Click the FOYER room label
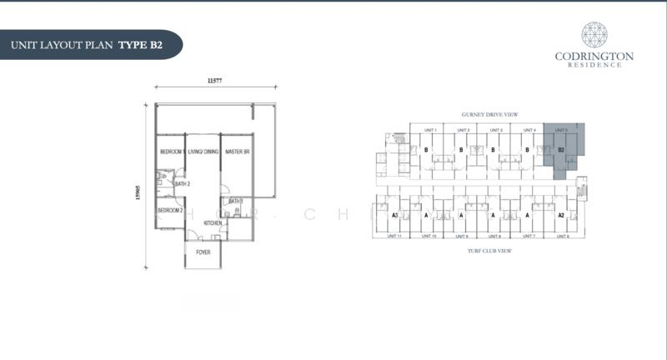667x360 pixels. tap(203, 252)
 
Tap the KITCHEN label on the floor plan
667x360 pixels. tap(213, 222)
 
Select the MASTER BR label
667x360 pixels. tap(238, 152)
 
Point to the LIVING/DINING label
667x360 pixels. tap(203, 152)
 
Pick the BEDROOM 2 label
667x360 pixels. tap(169, 211)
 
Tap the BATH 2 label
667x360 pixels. tap(183, 183)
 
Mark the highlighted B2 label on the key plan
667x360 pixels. tap(561, 150)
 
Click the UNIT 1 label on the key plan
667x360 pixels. tap(430, 130)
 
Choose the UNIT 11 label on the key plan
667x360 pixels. tap(395, 236)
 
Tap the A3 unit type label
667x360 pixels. tap(394, 214)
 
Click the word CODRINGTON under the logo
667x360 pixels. tap(594, 57)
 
